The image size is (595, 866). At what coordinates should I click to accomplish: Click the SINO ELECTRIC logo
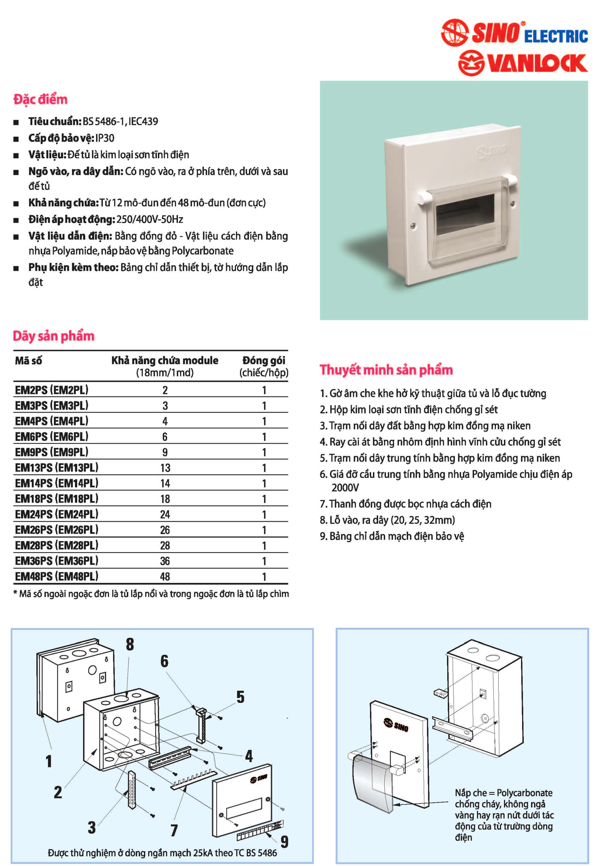(x=514, y=33)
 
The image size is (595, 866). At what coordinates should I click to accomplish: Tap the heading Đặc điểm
(x=40, y=99)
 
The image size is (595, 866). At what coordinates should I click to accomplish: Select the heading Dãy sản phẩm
(x=54, y=336)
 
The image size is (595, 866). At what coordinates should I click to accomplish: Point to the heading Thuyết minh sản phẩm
(x=386, y=370)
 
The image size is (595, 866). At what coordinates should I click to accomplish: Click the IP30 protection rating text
(x=105, y=138)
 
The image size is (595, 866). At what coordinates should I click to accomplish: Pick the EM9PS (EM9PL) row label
(x=52, y=452)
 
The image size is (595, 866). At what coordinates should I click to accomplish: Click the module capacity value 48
(x=165, y=576)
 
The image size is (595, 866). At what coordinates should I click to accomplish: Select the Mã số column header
(x=28, y=361)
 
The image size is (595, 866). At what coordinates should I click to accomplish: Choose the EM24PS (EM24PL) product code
(x=57, y=514)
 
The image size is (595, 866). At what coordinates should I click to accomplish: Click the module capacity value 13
(x=165, y=468)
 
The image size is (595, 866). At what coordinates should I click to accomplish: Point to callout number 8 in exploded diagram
(x=130, y=644)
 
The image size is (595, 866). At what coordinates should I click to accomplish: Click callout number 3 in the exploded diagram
(x=92, y=827)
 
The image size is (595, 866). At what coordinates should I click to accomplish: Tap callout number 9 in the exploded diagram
(x=284, y=841)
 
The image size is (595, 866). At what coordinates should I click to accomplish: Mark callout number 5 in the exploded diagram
(x=240, y=697)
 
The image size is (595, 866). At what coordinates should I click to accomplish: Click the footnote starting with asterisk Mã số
(x=151, y=594)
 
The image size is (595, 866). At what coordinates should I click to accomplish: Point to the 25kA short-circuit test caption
(x=162, y=853)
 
